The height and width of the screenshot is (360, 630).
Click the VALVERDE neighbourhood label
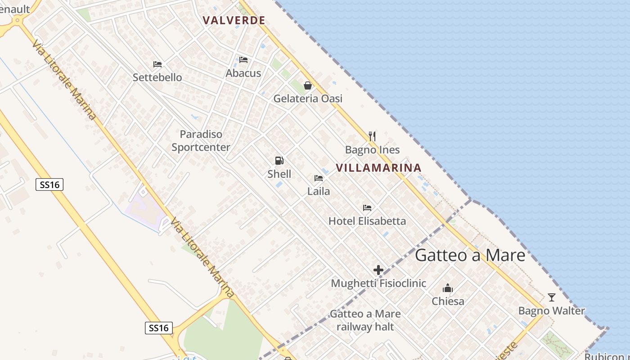coord(234,20)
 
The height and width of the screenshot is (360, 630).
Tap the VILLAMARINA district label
coord(378,168)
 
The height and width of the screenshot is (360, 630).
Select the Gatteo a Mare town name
coord(470,255)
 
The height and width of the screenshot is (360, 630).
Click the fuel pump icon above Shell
coord(279,161)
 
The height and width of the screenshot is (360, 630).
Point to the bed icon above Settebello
coord(157,64)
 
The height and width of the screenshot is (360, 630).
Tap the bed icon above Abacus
coord(243,59)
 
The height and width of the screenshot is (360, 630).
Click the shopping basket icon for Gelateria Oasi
coord(308,85)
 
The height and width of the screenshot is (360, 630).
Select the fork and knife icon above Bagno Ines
coord(372,136)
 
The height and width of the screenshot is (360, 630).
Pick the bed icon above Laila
coord(319,178)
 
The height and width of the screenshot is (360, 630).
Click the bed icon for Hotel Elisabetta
coord(367,208)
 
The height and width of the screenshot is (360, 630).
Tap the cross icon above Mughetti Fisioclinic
coord(378,270)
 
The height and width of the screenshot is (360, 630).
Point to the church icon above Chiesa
coord(448,288)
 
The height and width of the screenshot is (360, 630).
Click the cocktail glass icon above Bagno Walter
coord(552,297)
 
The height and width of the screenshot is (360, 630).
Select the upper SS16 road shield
coord(49,184)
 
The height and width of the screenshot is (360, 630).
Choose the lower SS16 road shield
coord(159,328)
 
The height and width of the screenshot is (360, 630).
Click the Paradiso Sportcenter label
coord(201,140)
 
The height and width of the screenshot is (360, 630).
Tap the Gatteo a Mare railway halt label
coord(365,320)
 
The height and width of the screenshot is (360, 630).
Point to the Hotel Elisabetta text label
coord(367,221)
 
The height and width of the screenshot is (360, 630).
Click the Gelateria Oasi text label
coord(308,99)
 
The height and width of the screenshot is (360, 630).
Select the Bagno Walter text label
coord(552,311)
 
